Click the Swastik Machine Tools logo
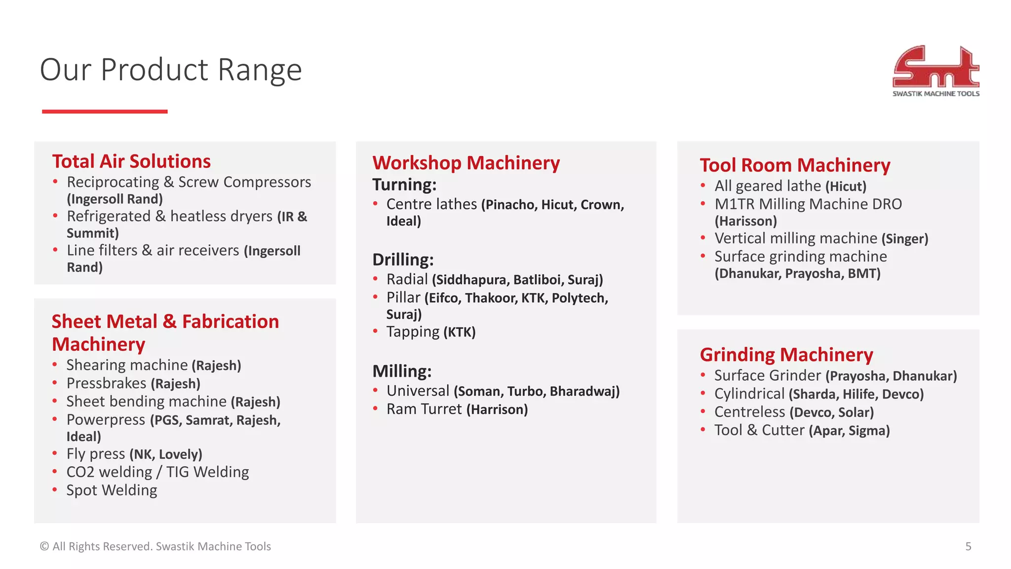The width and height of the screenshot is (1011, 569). [x=935, y=71]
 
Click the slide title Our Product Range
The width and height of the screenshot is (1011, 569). [x=170, y=70]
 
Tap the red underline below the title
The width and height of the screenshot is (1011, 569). [x=105, y=112]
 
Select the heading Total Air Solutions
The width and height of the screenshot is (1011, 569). [x=131, y=162]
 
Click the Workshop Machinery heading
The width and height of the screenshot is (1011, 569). [x=466, y=163]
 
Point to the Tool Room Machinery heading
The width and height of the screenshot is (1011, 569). [x=795, y=165]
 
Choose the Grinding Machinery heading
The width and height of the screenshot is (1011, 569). [x=786, y=355]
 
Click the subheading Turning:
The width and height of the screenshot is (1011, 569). [x=404, y=185]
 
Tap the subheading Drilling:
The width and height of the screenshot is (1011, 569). [x=403, y=259]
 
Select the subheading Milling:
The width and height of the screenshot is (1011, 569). [x=402, y=371]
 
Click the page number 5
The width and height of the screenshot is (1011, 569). [x=968, y=546]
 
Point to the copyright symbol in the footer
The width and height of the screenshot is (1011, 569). [x=44, y=546]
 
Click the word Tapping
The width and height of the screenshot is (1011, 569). [x=413, y=332]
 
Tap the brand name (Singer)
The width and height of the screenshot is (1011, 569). [x=905, y=239]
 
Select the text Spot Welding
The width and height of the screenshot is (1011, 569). [x=112, y=490]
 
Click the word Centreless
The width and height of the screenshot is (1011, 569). [x=749, y=412]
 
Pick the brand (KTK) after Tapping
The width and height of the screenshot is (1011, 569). [x=460, y=332]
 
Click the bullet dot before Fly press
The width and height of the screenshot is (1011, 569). [x=55, y=453]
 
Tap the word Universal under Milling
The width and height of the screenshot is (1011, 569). [x=418, y=391]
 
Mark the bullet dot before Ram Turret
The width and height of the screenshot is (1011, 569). [x=376, y=408]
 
